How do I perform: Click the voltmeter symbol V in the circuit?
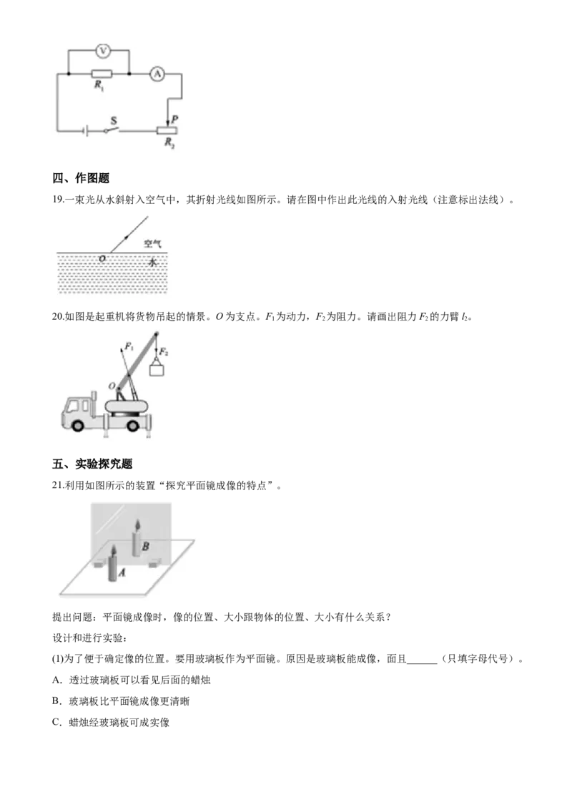coord(103,51)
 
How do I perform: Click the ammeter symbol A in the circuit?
coord(157,74)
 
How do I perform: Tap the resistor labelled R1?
coord(102,74)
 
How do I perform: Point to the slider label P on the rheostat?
coord(174,119)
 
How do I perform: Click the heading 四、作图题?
coord(81,178)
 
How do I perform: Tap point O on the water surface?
coord(102,258)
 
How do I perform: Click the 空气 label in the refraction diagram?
coord(152,243)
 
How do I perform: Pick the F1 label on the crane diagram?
coord(129,347)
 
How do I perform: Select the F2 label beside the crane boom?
coord(164,352)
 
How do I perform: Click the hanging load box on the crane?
coord(157,369)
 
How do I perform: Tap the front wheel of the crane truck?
coord(77,425)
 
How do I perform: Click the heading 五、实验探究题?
coord(92,464)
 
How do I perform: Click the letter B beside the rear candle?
coord(146,546)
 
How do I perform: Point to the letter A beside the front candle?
coord(122,572)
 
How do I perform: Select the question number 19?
coord(58,200)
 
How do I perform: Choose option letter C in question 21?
coord(56,722)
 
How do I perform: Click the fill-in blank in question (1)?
coord(422,660)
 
